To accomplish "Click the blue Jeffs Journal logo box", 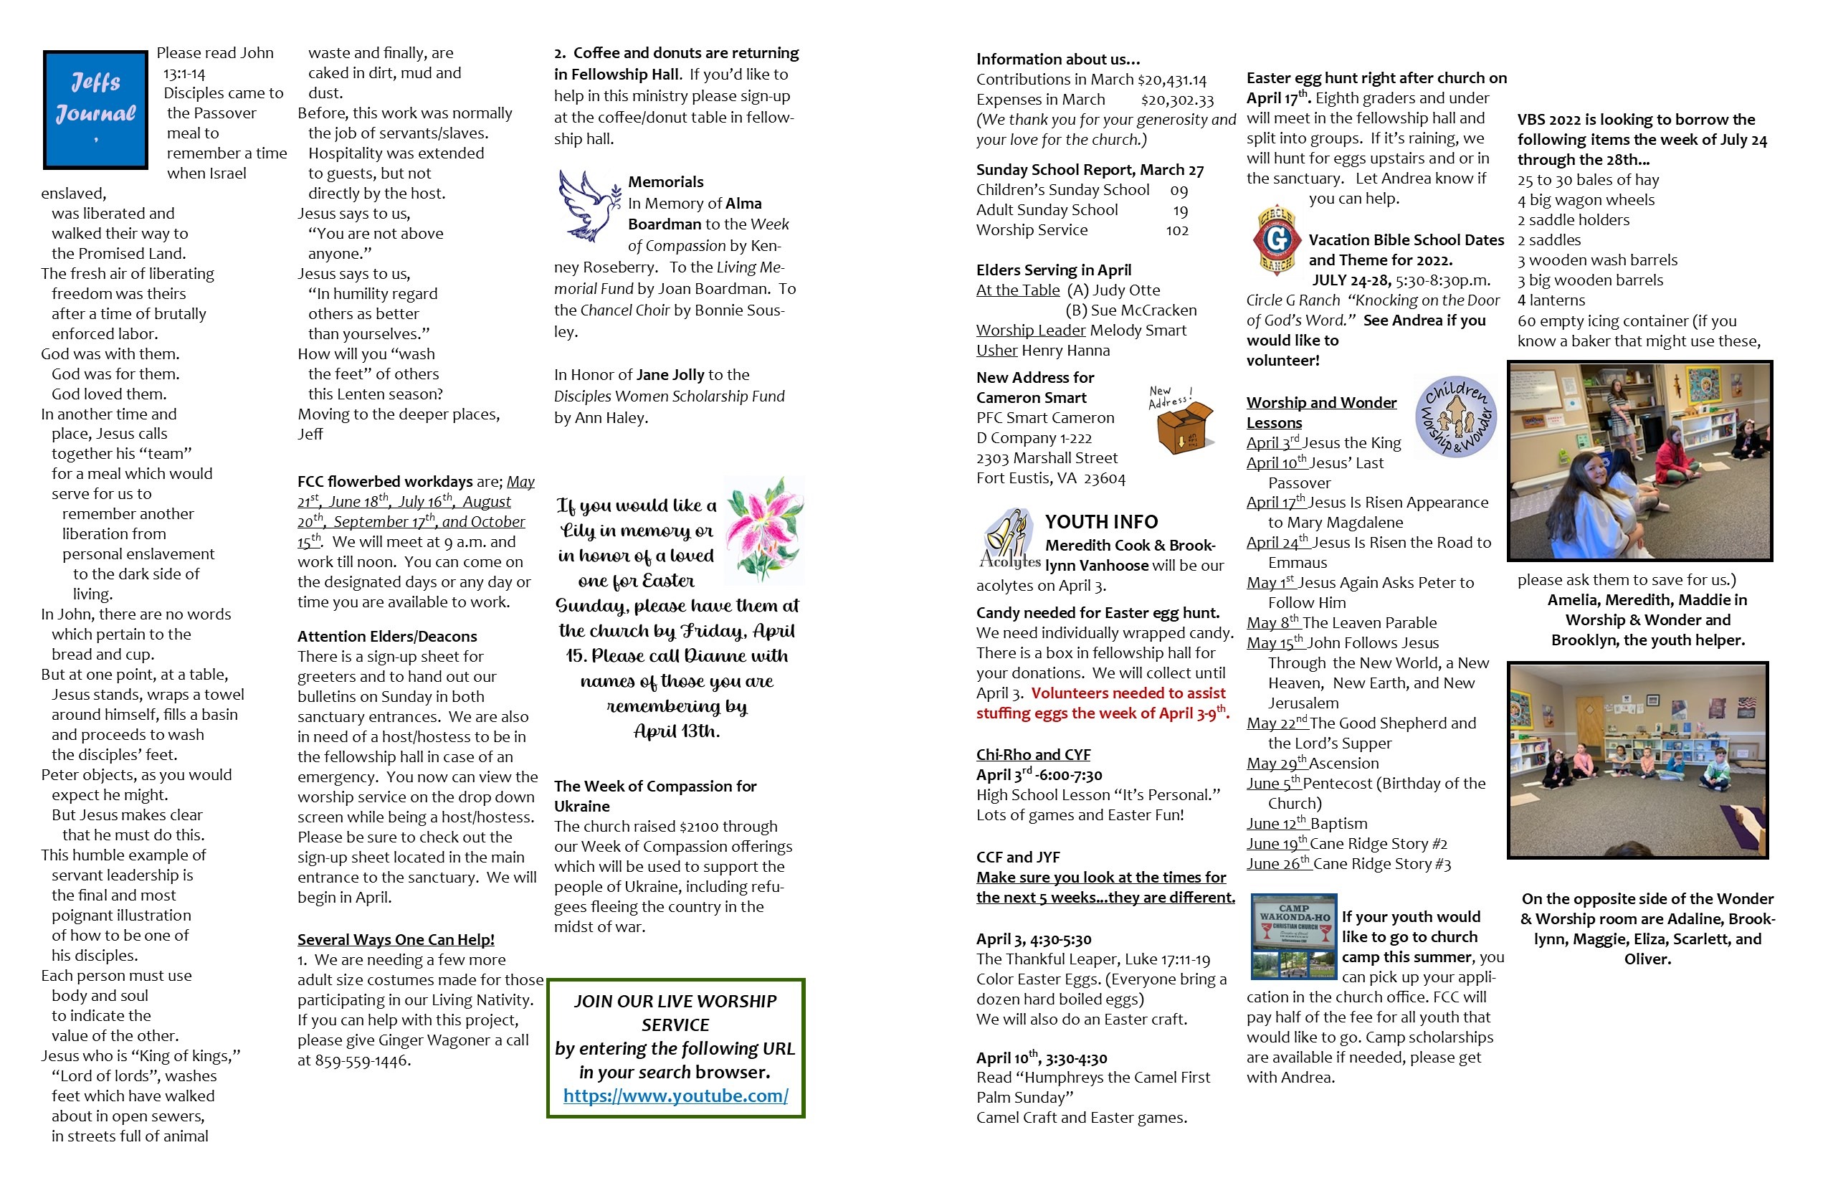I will pos(95,110).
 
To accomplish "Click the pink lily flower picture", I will pos(764,529).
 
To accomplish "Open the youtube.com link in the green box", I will pos(675,1096).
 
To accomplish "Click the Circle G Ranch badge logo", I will pos(1276,239).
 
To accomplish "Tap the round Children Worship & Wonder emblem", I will pos(1455,417).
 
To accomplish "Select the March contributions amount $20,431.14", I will pos(1171,80).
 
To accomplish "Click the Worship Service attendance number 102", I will pos(1176,230).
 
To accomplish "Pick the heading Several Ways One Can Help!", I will pos(396,939).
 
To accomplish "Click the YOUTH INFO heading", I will pos(1100,523).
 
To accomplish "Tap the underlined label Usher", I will pos(996,351).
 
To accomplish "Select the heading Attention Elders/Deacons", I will pos(387,636).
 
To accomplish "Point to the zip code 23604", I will pos(1104,479).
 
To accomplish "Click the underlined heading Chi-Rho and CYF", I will pos(1033,754).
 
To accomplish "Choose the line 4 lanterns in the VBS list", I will pos(1551,300).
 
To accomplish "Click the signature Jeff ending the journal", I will pos(310,434).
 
